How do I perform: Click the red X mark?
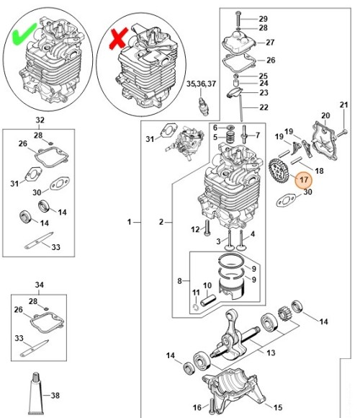118,38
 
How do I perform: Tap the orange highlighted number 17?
304,179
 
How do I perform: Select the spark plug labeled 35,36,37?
203,107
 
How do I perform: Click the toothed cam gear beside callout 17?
278,172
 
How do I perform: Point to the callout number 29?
263,19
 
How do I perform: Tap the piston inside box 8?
231,289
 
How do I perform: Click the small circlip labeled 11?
196,307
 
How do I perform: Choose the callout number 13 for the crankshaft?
271,352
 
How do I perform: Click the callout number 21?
343,104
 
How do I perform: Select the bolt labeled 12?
207,228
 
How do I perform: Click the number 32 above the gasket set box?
40,120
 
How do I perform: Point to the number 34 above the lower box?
39,285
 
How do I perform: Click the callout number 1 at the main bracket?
129,222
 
